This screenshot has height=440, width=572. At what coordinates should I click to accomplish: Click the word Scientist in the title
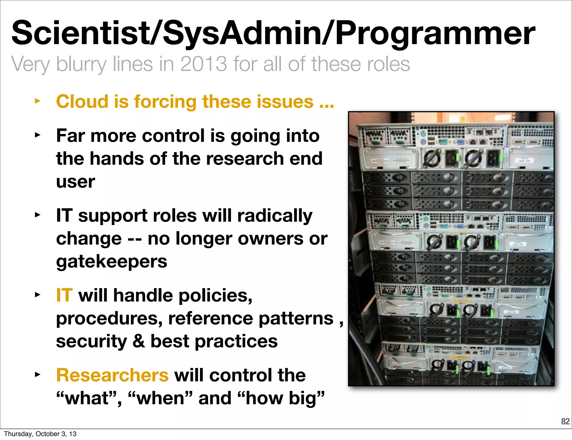coord(80,33)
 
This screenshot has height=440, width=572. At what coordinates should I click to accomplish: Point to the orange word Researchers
coord(112,375)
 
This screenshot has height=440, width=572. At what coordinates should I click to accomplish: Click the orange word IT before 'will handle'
coord(64,295)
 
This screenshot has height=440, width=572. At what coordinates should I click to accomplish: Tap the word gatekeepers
coord(111,262)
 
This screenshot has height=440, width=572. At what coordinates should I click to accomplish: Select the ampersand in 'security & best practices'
coord(139,341)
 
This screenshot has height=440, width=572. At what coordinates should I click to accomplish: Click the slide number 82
coord(565,421)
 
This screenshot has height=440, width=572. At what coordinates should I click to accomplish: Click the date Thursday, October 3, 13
coord(40,434)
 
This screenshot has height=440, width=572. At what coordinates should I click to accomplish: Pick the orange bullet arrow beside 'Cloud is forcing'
coord(37,101)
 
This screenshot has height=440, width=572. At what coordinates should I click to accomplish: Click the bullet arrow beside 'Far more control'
coord(37,135)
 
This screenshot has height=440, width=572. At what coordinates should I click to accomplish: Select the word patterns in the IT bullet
coord(296,319)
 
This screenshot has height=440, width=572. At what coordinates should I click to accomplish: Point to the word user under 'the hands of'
coord(75,182)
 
